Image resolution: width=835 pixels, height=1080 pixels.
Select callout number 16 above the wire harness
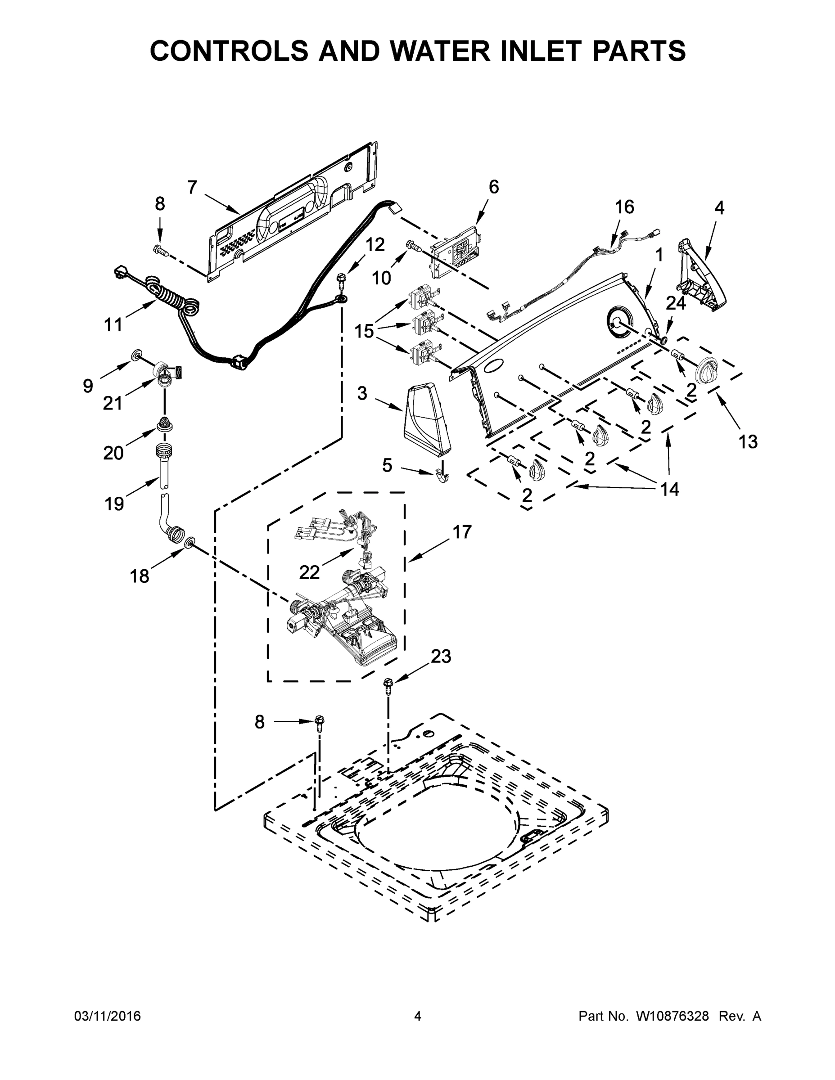pos(624,207)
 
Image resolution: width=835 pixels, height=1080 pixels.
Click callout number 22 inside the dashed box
pos(309,572)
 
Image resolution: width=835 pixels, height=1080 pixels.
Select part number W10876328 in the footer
pos(672,1016)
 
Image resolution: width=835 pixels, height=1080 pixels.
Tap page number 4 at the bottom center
pos(418,1016)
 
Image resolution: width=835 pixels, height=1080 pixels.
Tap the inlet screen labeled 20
pos(164,423)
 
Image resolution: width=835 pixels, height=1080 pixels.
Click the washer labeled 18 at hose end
pos(189,544)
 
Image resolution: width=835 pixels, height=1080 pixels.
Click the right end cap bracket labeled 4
pos(697,277)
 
